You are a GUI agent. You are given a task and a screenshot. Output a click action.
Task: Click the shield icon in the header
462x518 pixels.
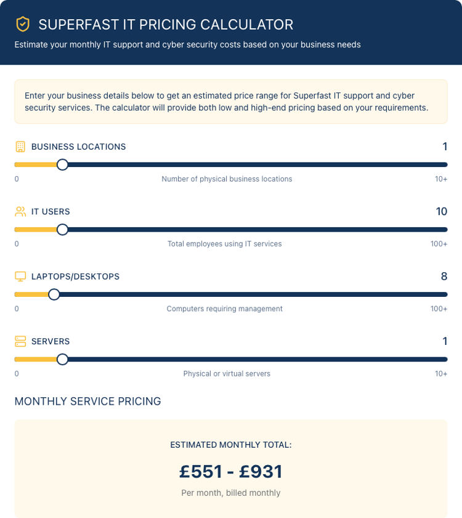[23, 25]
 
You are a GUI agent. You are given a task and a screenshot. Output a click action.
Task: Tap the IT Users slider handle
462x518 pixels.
[62, 230]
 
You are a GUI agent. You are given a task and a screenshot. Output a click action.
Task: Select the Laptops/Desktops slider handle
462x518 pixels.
[54, 294]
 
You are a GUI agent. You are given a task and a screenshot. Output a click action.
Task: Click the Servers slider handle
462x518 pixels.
[62, 359]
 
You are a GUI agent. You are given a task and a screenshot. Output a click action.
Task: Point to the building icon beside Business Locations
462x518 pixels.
[20, 147]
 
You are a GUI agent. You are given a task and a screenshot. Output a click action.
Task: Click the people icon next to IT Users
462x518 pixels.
[20, 211]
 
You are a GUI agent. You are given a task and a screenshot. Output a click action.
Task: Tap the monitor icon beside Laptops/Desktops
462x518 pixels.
[20, 277]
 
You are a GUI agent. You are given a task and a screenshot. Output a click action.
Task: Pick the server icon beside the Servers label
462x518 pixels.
[20, 341]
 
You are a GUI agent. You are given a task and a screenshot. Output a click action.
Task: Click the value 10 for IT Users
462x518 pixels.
[441, 211]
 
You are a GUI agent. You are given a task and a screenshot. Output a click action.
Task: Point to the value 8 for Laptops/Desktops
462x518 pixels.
[444, 277]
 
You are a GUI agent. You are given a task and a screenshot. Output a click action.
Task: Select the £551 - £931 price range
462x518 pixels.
[231, 472]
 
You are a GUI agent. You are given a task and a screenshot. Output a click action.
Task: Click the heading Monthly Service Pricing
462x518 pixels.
[87, 402]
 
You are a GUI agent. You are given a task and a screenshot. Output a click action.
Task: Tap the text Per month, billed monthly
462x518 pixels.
[231, 493]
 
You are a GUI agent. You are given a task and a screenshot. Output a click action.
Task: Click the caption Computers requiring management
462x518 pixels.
[224, 309]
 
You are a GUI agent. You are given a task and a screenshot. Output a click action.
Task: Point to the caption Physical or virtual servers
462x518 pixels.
[227, 373]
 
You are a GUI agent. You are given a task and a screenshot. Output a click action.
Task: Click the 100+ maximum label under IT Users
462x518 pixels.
[439, 244]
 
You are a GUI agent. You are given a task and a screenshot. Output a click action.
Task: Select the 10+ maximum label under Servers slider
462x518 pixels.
[440, 373]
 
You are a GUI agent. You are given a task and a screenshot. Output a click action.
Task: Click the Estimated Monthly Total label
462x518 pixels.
[231, 445]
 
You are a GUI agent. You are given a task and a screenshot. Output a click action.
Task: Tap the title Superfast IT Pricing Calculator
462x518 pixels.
[166, 25]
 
